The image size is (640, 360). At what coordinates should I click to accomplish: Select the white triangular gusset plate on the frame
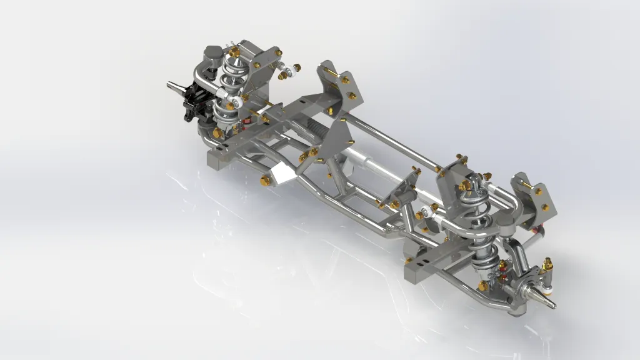point(281,176)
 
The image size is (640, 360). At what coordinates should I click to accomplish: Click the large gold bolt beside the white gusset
point(265,181)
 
